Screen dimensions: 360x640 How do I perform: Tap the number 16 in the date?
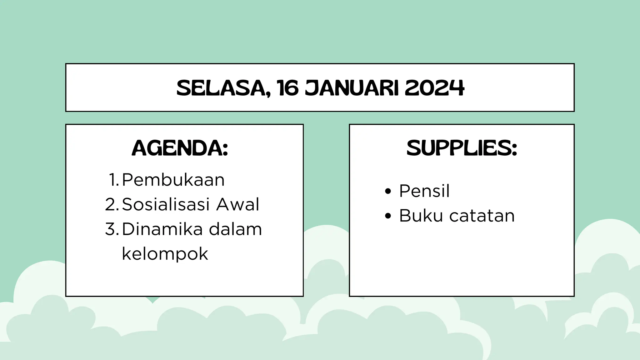point(287,88)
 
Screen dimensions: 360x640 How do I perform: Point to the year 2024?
point(434,88)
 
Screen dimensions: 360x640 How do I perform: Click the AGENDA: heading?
point(180,148)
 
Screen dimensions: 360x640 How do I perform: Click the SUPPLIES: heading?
point(462,148)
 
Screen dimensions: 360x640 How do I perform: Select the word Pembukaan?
point(173,180)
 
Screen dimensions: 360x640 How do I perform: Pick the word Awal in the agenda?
point(237,204)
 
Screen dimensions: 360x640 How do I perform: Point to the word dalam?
point(235,229)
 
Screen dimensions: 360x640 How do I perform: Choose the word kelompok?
point(165,254)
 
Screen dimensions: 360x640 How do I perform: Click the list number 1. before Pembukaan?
point(114,180)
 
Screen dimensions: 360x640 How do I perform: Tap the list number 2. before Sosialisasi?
point(112,204)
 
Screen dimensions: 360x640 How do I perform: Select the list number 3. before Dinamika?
point(112,229)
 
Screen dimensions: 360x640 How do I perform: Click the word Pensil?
point(424,191)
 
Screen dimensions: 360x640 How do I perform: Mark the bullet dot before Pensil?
point(388,191)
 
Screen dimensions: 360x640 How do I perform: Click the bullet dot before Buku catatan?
point(388,216)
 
